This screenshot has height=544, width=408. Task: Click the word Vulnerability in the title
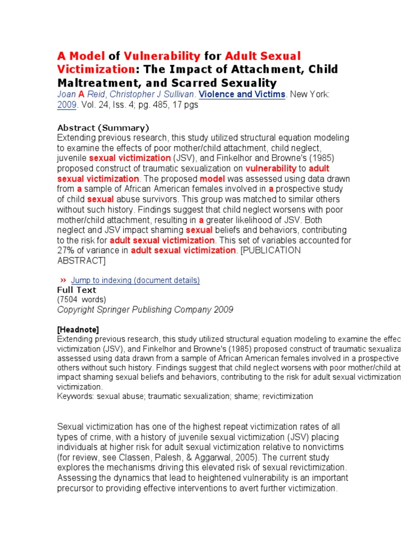[162, 56]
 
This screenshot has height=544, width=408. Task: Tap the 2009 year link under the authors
[67, 105]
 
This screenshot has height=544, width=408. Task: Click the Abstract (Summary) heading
[103, 127]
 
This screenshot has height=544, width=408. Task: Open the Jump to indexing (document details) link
[135, 280]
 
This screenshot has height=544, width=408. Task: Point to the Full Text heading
[76, 290]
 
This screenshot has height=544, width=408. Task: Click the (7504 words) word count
[81, 299]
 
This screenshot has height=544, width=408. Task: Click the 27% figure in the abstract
[66, 250]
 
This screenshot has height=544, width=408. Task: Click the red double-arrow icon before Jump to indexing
[63, 280]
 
